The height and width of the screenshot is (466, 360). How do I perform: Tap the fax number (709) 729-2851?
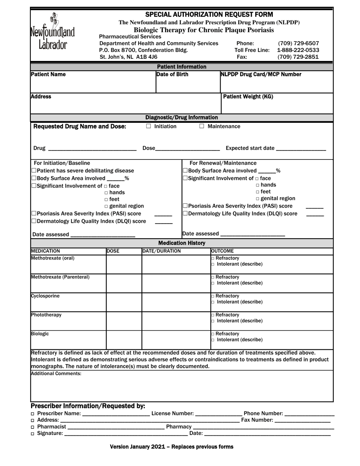click(x=298, y=57)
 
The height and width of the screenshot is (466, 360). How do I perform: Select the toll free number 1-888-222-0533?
click(x=298, y=50)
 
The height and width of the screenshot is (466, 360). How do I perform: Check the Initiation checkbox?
click(x=149, y=127)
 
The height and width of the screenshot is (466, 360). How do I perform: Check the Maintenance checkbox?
click(x=202, y=127)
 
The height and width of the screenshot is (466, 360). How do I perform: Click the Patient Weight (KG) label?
click(x=248, y=97)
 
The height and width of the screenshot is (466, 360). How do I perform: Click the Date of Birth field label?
click(x=172, y=75)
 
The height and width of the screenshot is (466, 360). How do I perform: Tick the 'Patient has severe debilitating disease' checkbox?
click(x=34, y=171)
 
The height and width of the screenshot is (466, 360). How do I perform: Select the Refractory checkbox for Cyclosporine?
click(x=213, y=296)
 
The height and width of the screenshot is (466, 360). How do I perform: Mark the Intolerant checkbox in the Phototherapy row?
click(x=213, y=321)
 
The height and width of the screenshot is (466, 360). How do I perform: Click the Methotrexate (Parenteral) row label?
click(x=60, y=277)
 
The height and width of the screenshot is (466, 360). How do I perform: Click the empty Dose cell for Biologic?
click(x=124, y=340)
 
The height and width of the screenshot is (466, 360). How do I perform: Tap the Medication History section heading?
click(x=182, y=243)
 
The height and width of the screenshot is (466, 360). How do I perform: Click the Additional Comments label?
click(x=56, y=374)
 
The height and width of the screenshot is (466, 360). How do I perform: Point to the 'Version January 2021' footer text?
click(x=171, y=447)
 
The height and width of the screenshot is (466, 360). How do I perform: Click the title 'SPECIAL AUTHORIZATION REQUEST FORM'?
click(x=209, y=15)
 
